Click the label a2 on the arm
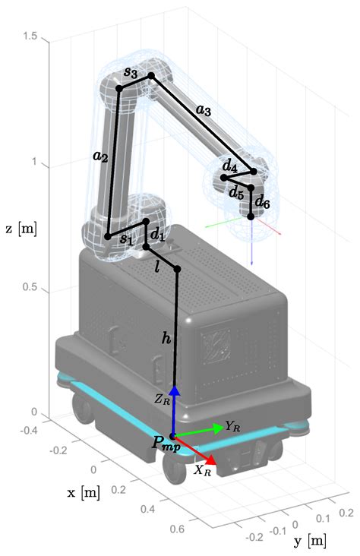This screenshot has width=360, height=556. pos(100,156)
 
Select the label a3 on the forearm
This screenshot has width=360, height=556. pos(204,109)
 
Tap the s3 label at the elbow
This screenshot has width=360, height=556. pos(131,73)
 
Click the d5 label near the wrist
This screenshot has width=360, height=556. pos(237,191)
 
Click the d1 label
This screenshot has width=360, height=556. pos(157,235)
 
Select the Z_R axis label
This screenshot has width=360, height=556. pos(162,399)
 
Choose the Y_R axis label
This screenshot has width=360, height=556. pos(234,427)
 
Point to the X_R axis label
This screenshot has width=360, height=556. pos(203,469)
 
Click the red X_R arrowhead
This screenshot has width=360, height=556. pos(212,460)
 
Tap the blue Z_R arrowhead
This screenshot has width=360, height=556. pos(175,390)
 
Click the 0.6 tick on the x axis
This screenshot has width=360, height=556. pos(178,527)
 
